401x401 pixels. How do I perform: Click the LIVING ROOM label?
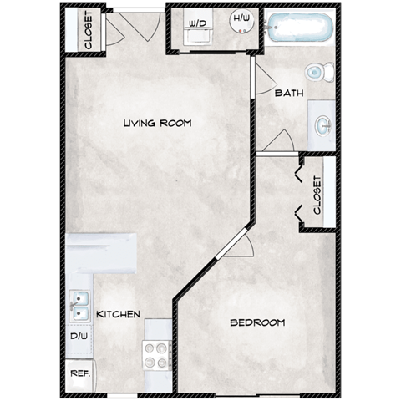(157, 124)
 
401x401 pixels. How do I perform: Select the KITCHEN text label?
(119, 315)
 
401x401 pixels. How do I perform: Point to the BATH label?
(289, 94)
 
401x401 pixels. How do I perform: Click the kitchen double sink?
(80, 307)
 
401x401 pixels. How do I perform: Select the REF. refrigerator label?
(80, 373)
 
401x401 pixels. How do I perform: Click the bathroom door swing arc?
(282, 141)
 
